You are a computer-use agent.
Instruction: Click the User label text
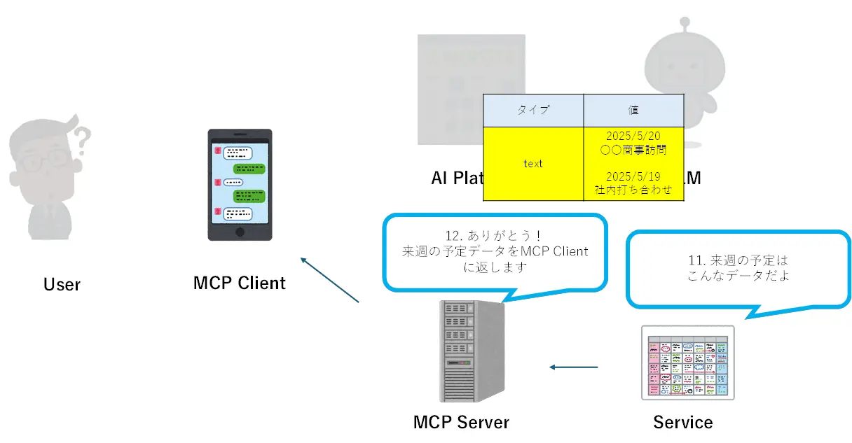pyautogui.click(x=62, y=284)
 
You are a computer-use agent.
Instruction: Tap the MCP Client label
pyautogui.click(x=240, y=283)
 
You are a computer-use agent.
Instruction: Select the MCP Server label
pyautogui.click(x=461, y=422)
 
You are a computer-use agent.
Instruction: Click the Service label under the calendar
pyautogui.click(x=683, y=422)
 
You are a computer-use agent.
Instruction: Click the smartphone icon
pyautogui.click(x=240, y=184)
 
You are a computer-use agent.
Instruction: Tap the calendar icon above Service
pyautogui.click(x=687, y=363)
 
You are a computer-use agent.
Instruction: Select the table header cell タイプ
pyautogui.click(x=533, y=110)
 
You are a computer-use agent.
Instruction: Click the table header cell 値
pyautogui.click(x=633, y=110)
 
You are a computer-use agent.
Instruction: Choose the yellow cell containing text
pyautogui.click(x=533, y=164)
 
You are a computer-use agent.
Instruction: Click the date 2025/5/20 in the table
pyautogui.click(x=633, y=136)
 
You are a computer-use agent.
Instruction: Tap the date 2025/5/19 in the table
pyautogui.click(x=633, y=176)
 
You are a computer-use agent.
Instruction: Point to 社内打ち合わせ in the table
pyautogui.click(x=633, y=190)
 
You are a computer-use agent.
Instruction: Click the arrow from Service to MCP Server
pyautogui.click(x=574, y=367)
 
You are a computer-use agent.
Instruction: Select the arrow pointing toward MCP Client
pyautogui.click(x=329, y=280)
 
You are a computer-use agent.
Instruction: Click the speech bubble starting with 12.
pyautogui.click(x=494, y=251)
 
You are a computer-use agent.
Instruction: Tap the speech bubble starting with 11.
pyautogui.click(x=738, y=267)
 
